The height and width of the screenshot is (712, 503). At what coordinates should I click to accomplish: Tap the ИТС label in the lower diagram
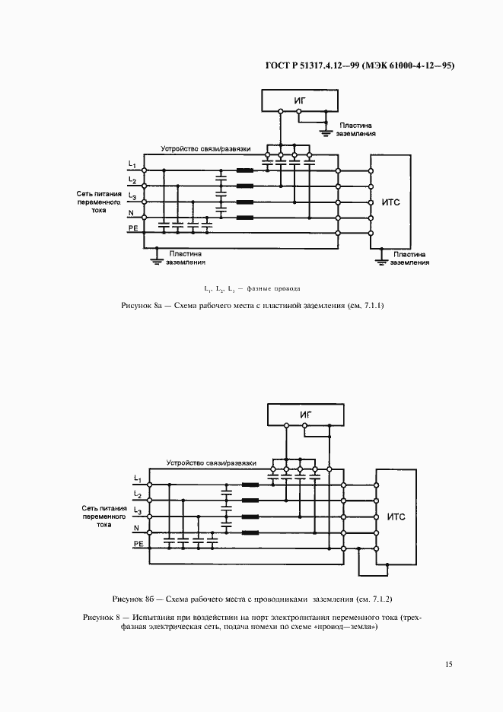pyautogui.click(x=396, y=517)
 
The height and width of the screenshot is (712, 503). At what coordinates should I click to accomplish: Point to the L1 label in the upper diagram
pyautogui.click(x=132, y=165)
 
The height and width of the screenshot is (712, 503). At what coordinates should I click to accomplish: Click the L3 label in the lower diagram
pyautogui.click(x=137, y=510)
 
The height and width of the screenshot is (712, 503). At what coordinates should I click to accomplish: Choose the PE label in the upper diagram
pyautogui.click(x=132, y=227)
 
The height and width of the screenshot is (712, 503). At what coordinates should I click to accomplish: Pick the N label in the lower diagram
pyautogui.click(x=136, y=527)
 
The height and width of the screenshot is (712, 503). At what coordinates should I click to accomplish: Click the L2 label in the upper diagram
pyautogui.click(x=132, y=180)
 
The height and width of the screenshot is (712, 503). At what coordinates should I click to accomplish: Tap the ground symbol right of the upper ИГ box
pyautogui.click(x=326, y=133)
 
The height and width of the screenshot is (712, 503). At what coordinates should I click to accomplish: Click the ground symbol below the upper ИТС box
pyautogui.click(x=381, y=261)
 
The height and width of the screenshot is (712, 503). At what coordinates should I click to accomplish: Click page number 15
pyautogui.click(x=449, y=664)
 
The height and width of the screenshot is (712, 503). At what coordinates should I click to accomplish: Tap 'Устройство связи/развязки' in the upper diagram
pyautogui.click(x=205, y=148)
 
